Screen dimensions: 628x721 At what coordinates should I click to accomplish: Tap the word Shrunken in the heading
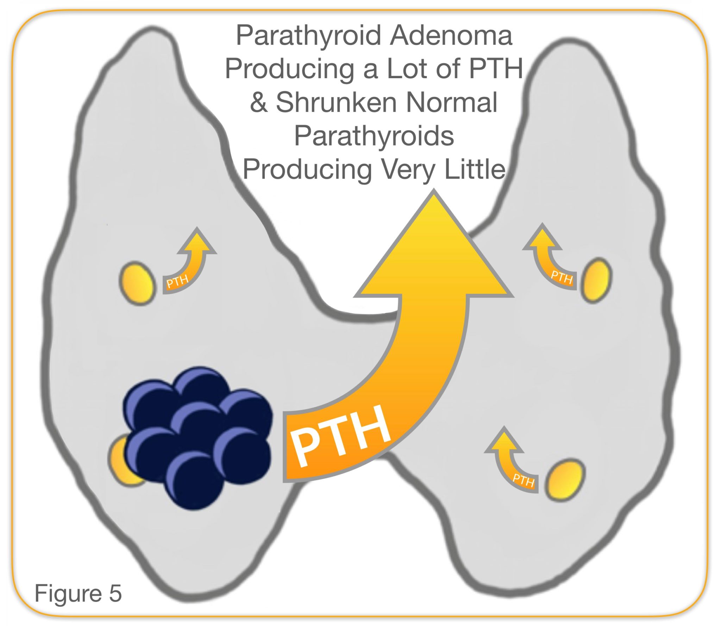pos(337,102)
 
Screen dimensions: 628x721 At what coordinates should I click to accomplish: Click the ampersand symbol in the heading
pos(259,102)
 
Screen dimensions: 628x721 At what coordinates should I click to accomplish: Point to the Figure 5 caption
pos(78,593)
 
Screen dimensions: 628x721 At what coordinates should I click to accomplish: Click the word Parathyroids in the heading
pos(374,136)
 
